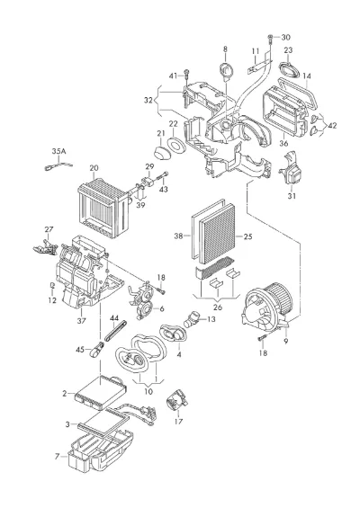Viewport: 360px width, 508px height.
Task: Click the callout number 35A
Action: click(x=58, y=151)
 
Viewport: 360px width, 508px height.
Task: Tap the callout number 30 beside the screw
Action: click(x=285, y=37)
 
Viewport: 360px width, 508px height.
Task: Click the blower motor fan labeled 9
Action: click(x=267, y=307)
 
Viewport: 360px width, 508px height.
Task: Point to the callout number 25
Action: click(x=247, y=236)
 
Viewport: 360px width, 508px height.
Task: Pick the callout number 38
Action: click(x=178, y=236)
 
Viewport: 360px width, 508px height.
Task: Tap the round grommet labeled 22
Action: click(x=177, y=145)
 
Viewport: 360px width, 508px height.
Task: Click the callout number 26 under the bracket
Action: click(x=218, y=307)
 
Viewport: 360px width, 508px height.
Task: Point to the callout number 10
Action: click(x=148, y=391)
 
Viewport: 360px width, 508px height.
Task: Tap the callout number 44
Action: click(x=113, y=317)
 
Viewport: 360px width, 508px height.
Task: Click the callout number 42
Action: click(x=332, y=125)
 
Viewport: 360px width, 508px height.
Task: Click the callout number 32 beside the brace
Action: click(x=148, y=100)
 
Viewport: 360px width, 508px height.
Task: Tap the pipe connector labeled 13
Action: click(x=192, y=319)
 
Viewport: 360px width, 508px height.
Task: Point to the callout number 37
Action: click(x=81, y=320)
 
